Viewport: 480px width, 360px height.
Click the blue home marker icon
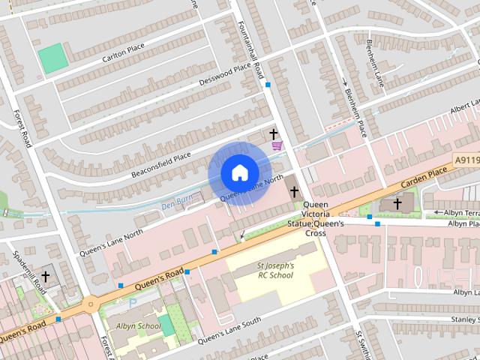[x=239, y=173]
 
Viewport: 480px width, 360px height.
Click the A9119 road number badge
[x=466, y=160]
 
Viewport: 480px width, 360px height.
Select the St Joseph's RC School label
[x=275, y=270]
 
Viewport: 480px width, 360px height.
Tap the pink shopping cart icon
[x=277, y=145]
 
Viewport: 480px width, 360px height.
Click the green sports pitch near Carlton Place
[x=52, y=58]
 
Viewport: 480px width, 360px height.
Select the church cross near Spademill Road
[x=45, y=277]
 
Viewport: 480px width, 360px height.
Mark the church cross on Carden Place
[x=397, y=202]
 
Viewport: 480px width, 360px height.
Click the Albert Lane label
[x=465, y=109]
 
